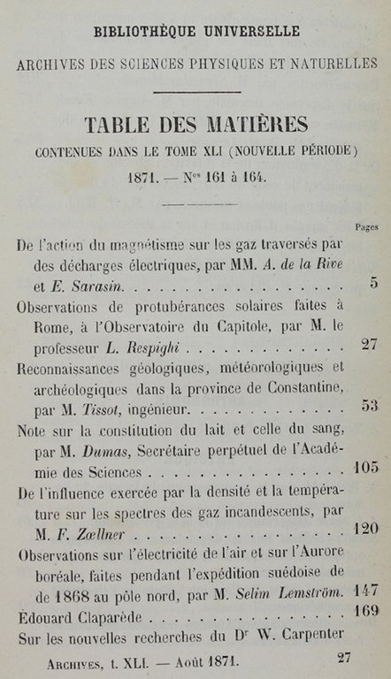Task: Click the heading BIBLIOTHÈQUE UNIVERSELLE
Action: point(195,32)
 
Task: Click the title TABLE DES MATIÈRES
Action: point(196,124)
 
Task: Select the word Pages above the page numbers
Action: point(366,227)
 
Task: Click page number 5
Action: point(373,283)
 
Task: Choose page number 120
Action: point(365,528)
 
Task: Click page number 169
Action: point(365,610)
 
